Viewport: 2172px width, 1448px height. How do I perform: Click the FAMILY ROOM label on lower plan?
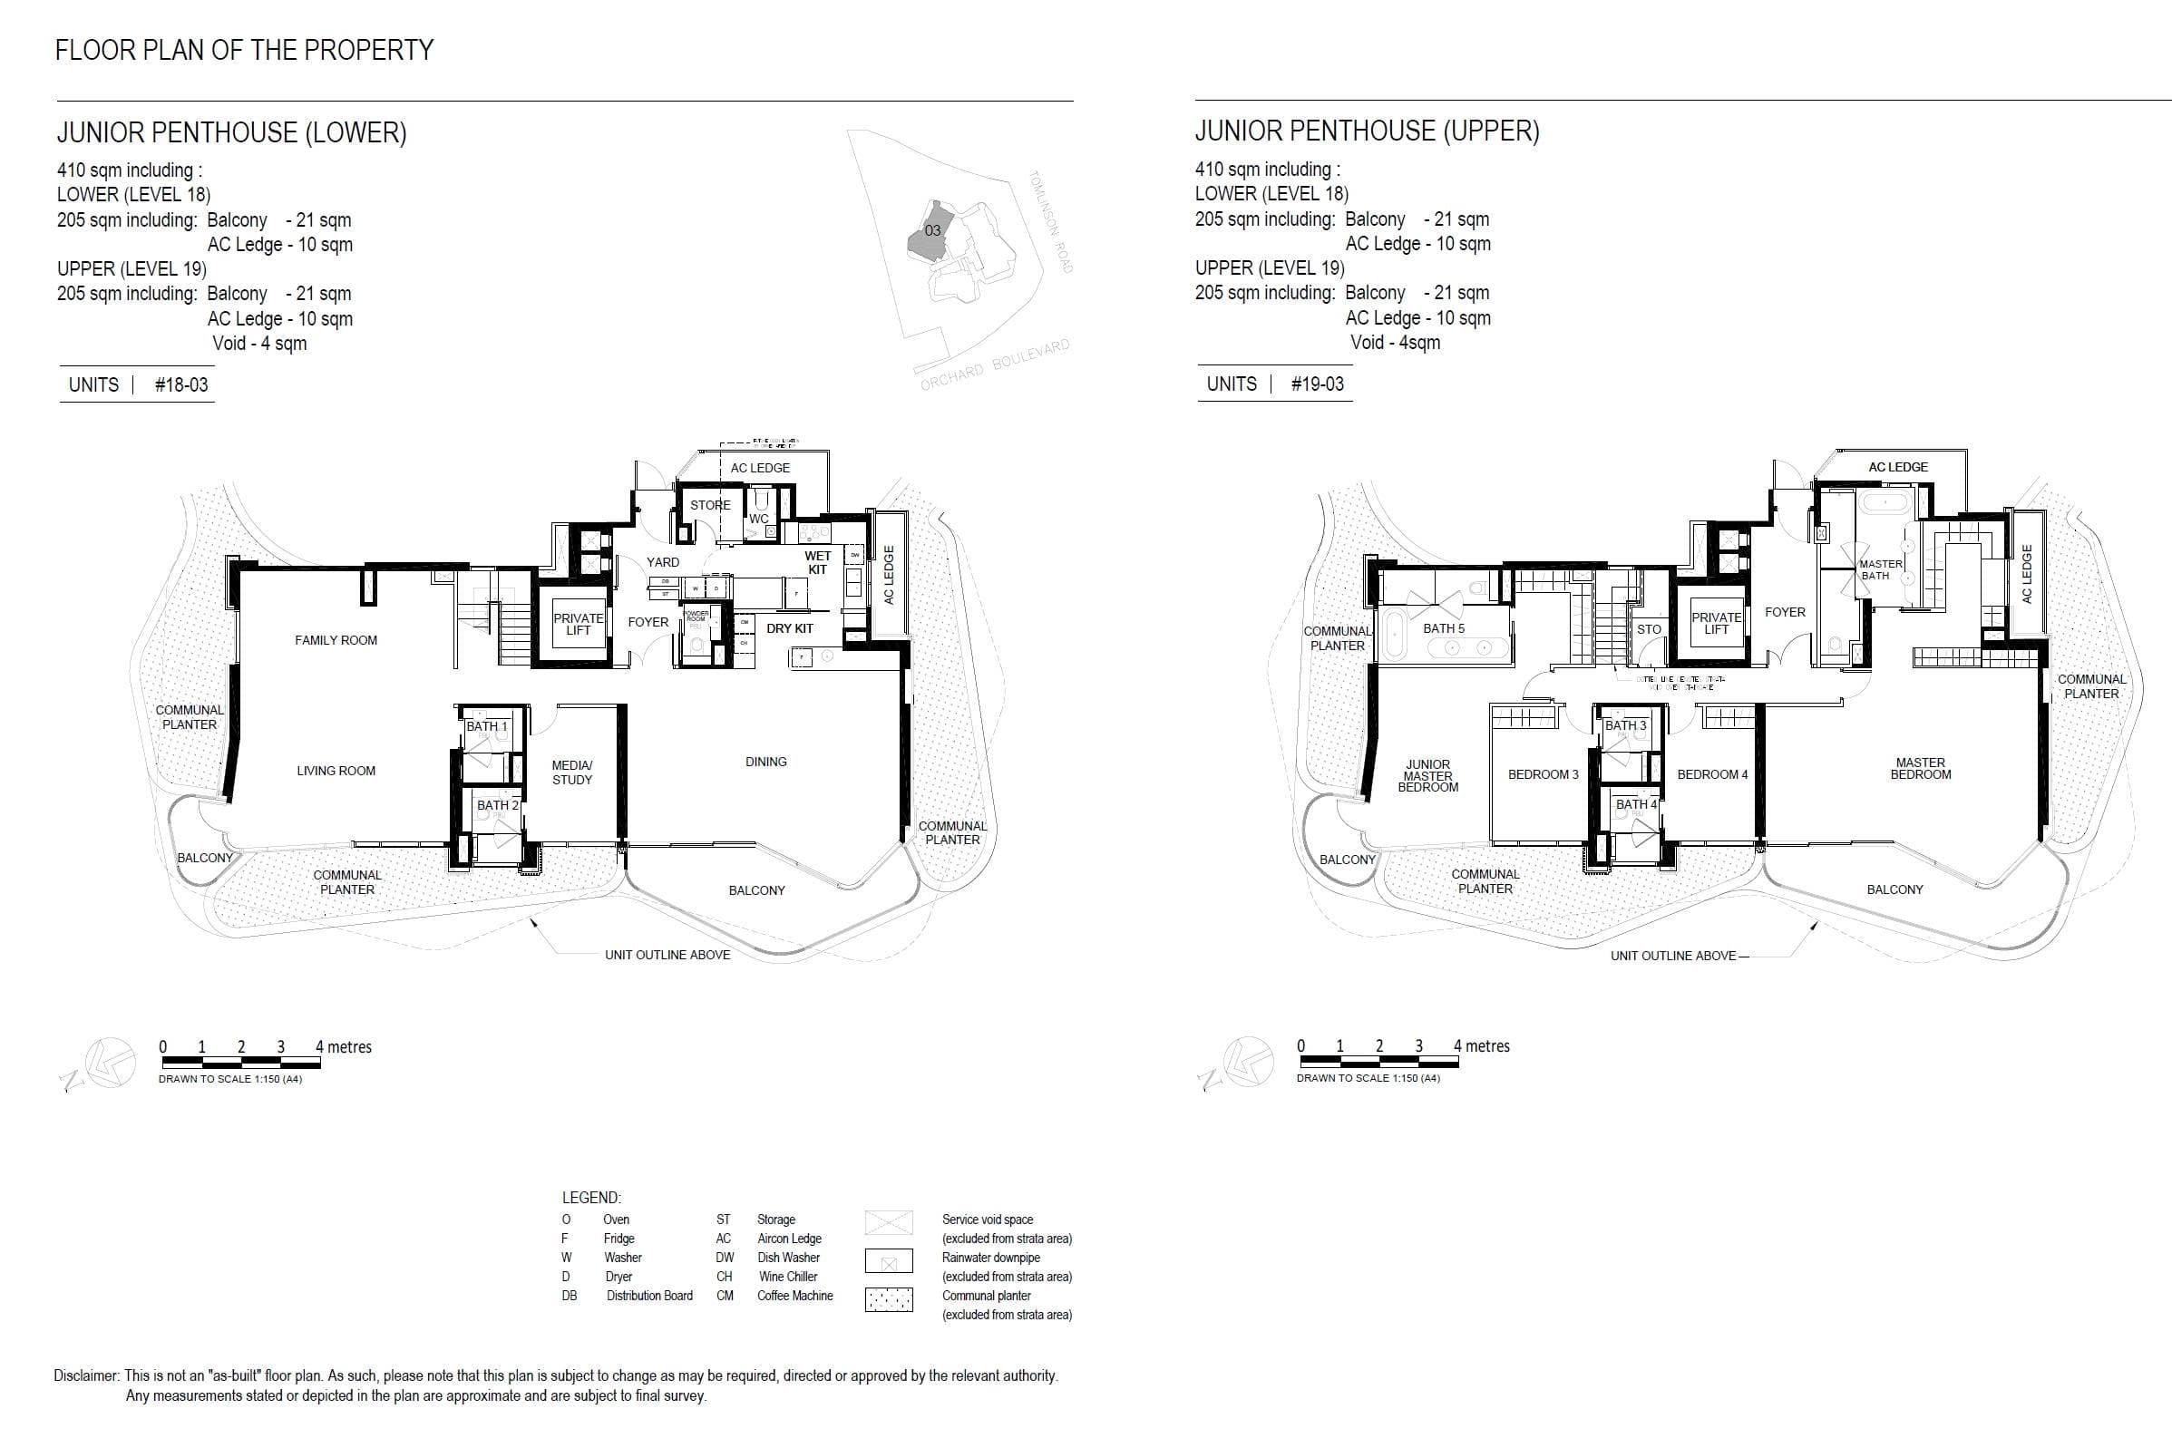[336, 640]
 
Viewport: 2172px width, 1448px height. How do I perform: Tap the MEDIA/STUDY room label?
[571, 772]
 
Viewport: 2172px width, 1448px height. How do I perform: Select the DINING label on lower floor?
[765, 762]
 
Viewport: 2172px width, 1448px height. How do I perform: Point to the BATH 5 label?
[1444, 628]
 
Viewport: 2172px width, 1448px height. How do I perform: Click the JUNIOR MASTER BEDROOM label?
[1427, 776]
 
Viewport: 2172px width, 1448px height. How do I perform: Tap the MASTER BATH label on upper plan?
[1880, 569]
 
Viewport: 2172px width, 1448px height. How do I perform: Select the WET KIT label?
[817, 562]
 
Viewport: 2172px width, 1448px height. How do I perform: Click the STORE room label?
[710, 505]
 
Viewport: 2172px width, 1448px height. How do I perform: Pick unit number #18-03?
[181, 385]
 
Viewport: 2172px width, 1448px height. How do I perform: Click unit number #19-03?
[1317, 384]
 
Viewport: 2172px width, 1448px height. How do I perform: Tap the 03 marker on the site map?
[932, 230]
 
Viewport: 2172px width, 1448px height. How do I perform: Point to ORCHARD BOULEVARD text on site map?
[995, 365]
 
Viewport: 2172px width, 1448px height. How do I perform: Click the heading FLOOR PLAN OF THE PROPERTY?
[245, 50]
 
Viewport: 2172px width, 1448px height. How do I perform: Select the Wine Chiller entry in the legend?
[787, 1277]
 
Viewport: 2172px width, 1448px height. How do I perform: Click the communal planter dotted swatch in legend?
[889, 1299]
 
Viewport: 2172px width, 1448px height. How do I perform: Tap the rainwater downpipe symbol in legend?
[889, 1261]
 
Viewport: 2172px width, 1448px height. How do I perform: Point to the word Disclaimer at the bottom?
[86, 1376]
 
